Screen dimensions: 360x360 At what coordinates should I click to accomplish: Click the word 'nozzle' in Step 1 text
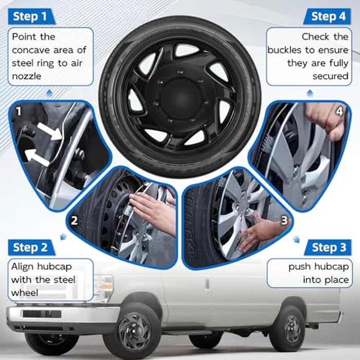tap(27, 76)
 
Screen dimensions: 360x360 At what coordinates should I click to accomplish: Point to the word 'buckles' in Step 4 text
tap(286, 50)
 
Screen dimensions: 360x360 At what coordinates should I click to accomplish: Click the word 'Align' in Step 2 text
tap(24, 267)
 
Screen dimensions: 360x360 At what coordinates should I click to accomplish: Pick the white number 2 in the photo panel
tap(75, 221)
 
